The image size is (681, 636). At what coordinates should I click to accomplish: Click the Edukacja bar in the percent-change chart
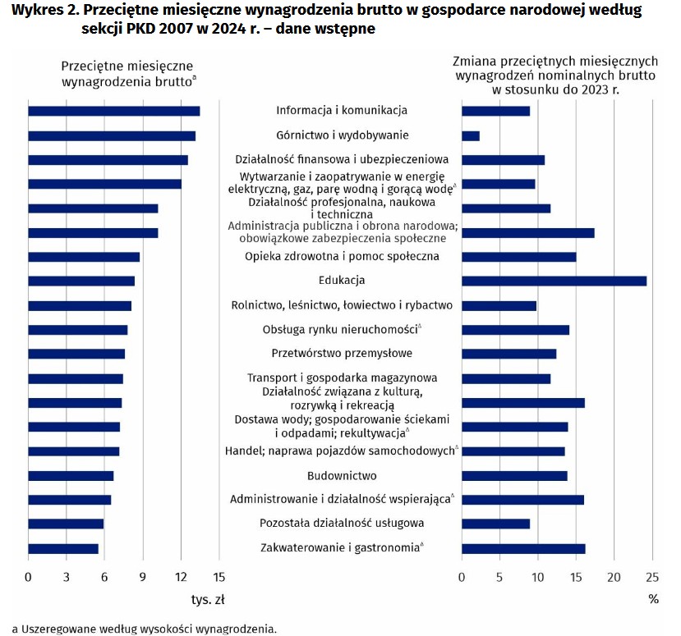[x=554, y=281]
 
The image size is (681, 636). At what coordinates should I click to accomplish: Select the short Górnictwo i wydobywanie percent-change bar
[x=471, y=135]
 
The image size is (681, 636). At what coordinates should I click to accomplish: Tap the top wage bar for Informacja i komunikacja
[x=114, y=111]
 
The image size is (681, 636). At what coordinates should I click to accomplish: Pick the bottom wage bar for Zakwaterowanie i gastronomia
[x=63, y=548]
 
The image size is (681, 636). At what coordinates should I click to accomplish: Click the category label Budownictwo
[x=342, y=475]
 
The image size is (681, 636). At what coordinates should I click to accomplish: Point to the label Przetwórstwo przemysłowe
[x=342, y=354]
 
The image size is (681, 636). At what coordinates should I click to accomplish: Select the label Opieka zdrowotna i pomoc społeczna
[x=342, y=256]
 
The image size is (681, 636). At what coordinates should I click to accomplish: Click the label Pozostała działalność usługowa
[x=342, y=524]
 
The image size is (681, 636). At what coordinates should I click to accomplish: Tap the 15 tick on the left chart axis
[x=219, y=578]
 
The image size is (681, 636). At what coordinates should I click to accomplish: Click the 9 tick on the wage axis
[x=143, y=578]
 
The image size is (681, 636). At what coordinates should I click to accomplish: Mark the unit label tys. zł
[x=208, y=600]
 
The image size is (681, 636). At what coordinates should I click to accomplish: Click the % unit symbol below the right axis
[x=653, y=600]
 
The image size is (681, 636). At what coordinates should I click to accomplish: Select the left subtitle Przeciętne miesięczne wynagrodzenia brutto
[x=127, y=73]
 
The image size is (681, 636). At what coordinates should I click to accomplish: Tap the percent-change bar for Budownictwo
[x=514, y=475]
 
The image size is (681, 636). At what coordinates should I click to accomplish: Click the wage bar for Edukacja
[x=81, y=281]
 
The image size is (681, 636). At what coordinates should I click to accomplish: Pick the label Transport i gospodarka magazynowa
[x=342, y=378]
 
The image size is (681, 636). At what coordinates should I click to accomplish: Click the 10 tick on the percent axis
[x=538, y=578]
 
